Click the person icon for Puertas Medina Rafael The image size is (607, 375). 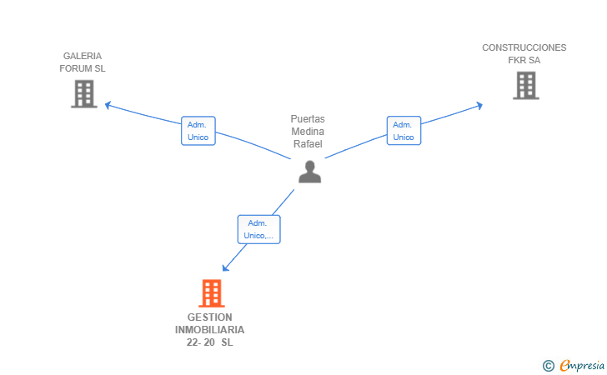(309, 172)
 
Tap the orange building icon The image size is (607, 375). (212, 293)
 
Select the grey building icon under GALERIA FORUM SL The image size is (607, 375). (84, 93)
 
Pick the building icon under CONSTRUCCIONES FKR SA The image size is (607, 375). (526, 86)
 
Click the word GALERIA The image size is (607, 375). (83, 56)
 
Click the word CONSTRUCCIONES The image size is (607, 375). (524, 47)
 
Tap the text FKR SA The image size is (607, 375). (524, 60)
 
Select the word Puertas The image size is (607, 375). (308, 119)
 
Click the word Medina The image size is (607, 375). (308, 132)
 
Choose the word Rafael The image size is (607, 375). (308, 144)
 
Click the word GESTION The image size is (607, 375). (210, 317)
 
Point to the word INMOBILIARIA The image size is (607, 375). (210, 330)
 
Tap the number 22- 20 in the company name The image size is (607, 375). (200, 342)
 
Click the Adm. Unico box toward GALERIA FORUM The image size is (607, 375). (198, 131)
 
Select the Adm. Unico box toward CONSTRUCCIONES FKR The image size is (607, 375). (404, 131)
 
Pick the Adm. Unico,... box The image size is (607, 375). (259, 229)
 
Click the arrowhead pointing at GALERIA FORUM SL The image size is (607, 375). (108, 104)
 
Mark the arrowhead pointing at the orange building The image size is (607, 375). (225, 267)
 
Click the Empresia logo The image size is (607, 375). (574, 365)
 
